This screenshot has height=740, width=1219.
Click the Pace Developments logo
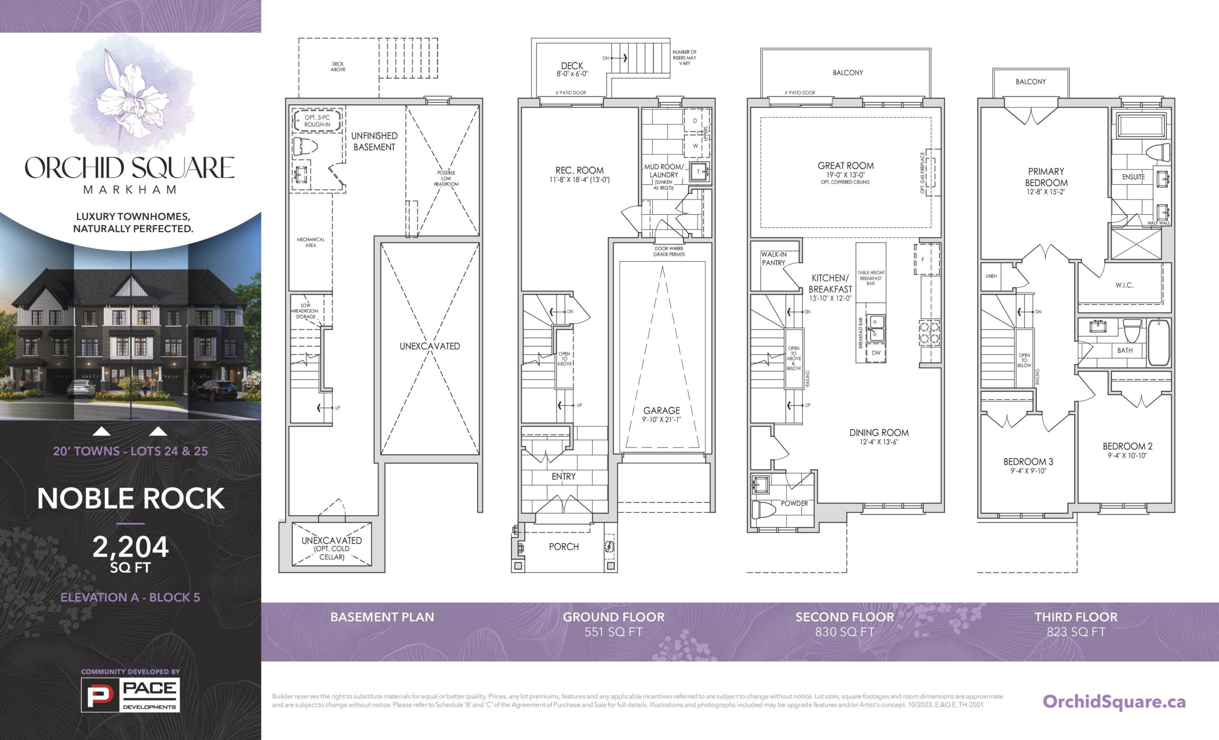130,694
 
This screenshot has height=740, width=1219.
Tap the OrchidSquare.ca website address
1114,701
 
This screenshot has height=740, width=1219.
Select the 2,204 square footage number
130,547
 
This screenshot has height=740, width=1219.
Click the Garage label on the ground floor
661,410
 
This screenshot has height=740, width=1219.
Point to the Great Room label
846,166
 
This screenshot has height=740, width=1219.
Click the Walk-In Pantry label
774,258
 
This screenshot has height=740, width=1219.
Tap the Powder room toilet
762,509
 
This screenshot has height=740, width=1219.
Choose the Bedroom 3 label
1028,461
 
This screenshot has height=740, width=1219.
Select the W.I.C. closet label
1125,285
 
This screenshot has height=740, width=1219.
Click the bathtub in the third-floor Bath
1159,342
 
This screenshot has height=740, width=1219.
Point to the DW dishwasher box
876,353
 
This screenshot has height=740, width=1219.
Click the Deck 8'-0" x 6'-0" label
572,69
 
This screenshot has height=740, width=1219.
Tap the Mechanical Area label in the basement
310,242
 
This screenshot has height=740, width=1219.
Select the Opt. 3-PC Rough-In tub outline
317,120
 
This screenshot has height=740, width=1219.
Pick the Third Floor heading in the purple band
1076,617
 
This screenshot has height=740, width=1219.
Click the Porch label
563,547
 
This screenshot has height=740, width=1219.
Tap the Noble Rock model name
130,499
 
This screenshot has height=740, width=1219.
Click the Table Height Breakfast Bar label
871,278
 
